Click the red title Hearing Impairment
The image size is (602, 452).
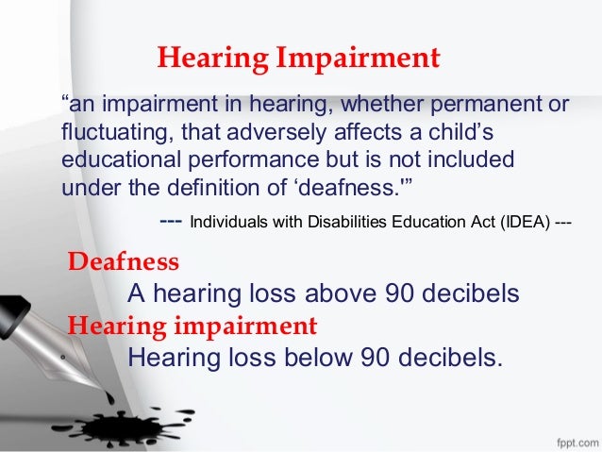click(x=298, y=59)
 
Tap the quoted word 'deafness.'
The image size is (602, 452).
click(x=352, y=185)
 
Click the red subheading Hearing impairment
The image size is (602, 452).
click(x=192, y=326)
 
